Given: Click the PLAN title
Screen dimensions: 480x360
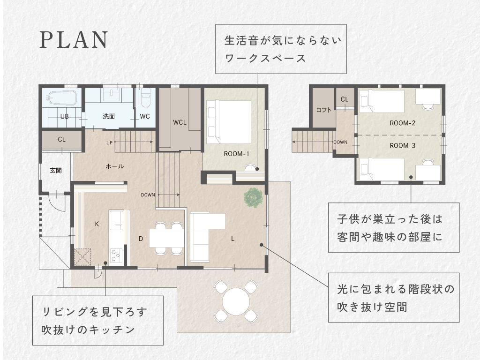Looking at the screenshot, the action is pyautogui.click(x=74, y=40).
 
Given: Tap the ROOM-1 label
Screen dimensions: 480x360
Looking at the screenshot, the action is pyautogui.click(x=236, y=154).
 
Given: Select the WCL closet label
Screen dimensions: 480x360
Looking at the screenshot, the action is pyautogui.click(x=180, y=122).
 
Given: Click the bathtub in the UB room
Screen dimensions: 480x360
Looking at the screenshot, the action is pyautogui.click(x=62, y=98).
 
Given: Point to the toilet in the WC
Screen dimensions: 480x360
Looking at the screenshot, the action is pyautogui.click(x=146, y=97).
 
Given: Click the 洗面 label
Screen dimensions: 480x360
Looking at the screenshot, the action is pyautogui.click(x=109, y=116).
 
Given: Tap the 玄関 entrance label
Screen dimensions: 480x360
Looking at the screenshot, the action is pyautogui.click(x=56, y=171).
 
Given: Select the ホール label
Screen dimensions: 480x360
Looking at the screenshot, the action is pyautogui.click(x=114, y=166).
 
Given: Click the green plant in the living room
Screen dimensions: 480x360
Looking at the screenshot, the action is pyautogui.click(x=253, y=197).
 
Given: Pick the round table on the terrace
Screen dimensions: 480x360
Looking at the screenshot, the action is pyautogui.click(x=235, y=301).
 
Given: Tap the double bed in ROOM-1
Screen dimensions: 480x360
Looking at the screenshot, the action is pyautogui.click(x=229, y=122).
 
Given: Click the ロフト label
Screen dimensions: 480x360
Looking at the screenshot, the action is pyautogui.click(x=323, y=110).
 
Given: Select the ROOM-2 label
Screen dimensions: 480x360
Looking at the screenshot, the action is pyautogui.click(x=402, y=123).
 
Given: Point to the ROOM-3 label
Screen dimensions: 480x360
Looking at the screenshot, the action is pyautogui.click(x=402, y=145).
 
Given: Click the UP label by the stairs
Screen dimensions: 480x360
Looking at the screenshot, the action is pyautogui.click(x=109, y=142).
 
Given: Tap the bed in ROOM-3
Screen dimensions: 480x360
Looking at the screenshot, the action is pyautogui.click(x=382, y=169).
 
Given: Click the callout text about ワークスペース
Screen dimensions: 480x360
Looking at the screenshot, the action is pyautogui.click(x=281, y=49).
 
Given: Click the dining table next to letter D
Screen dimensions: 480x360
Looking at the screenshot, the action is pyautogui.click(x=166, y=238).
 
